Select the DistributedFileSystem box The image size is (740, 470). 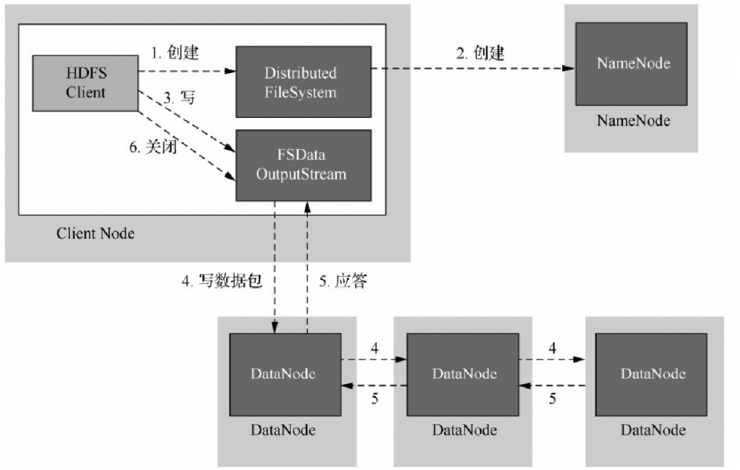point(304,82)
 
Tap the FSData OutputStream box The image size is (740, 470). point(304,166)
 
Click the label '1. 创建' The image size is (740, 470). point(174,53)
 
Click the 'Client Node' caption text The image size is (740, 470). point(95,234)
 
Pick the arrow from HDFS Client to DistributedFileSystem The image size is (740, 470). point(187,71)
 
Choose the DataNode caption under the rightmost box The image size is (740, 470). point(653,430)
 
